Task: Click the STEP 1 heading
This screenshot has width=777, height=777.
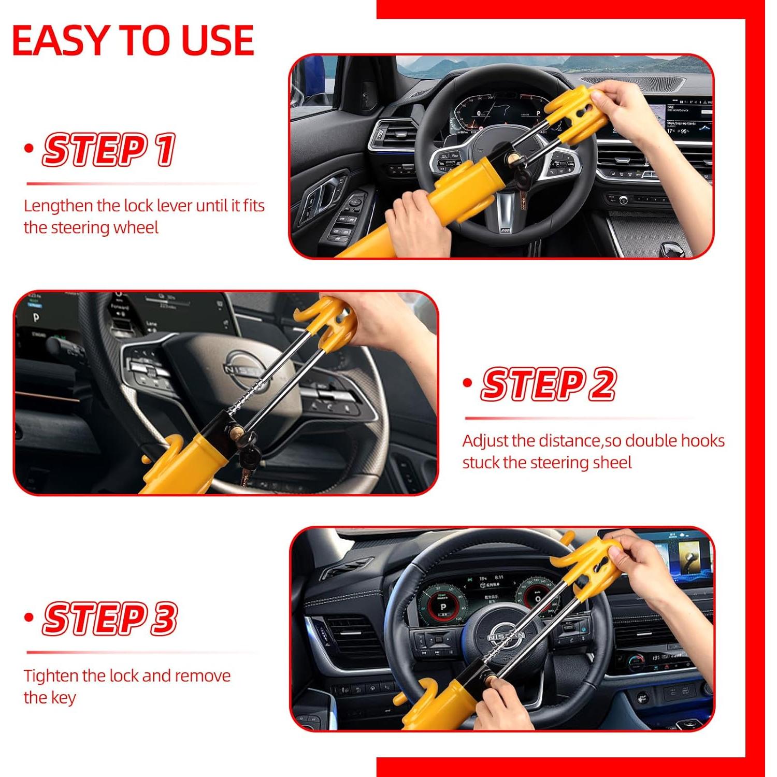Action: click(x=109, y=150)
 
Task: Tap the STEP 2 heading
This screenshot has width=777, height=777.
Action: click(x=549, y=384)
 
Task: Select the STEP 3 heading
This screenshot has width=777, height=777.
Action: click(x=110, y=618)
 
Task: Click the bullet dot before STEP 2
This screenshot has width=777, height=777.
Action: click(x=468, y=383)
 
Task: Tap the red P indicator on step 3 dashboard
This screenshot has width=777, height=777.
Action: click(x=443, y=607)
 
